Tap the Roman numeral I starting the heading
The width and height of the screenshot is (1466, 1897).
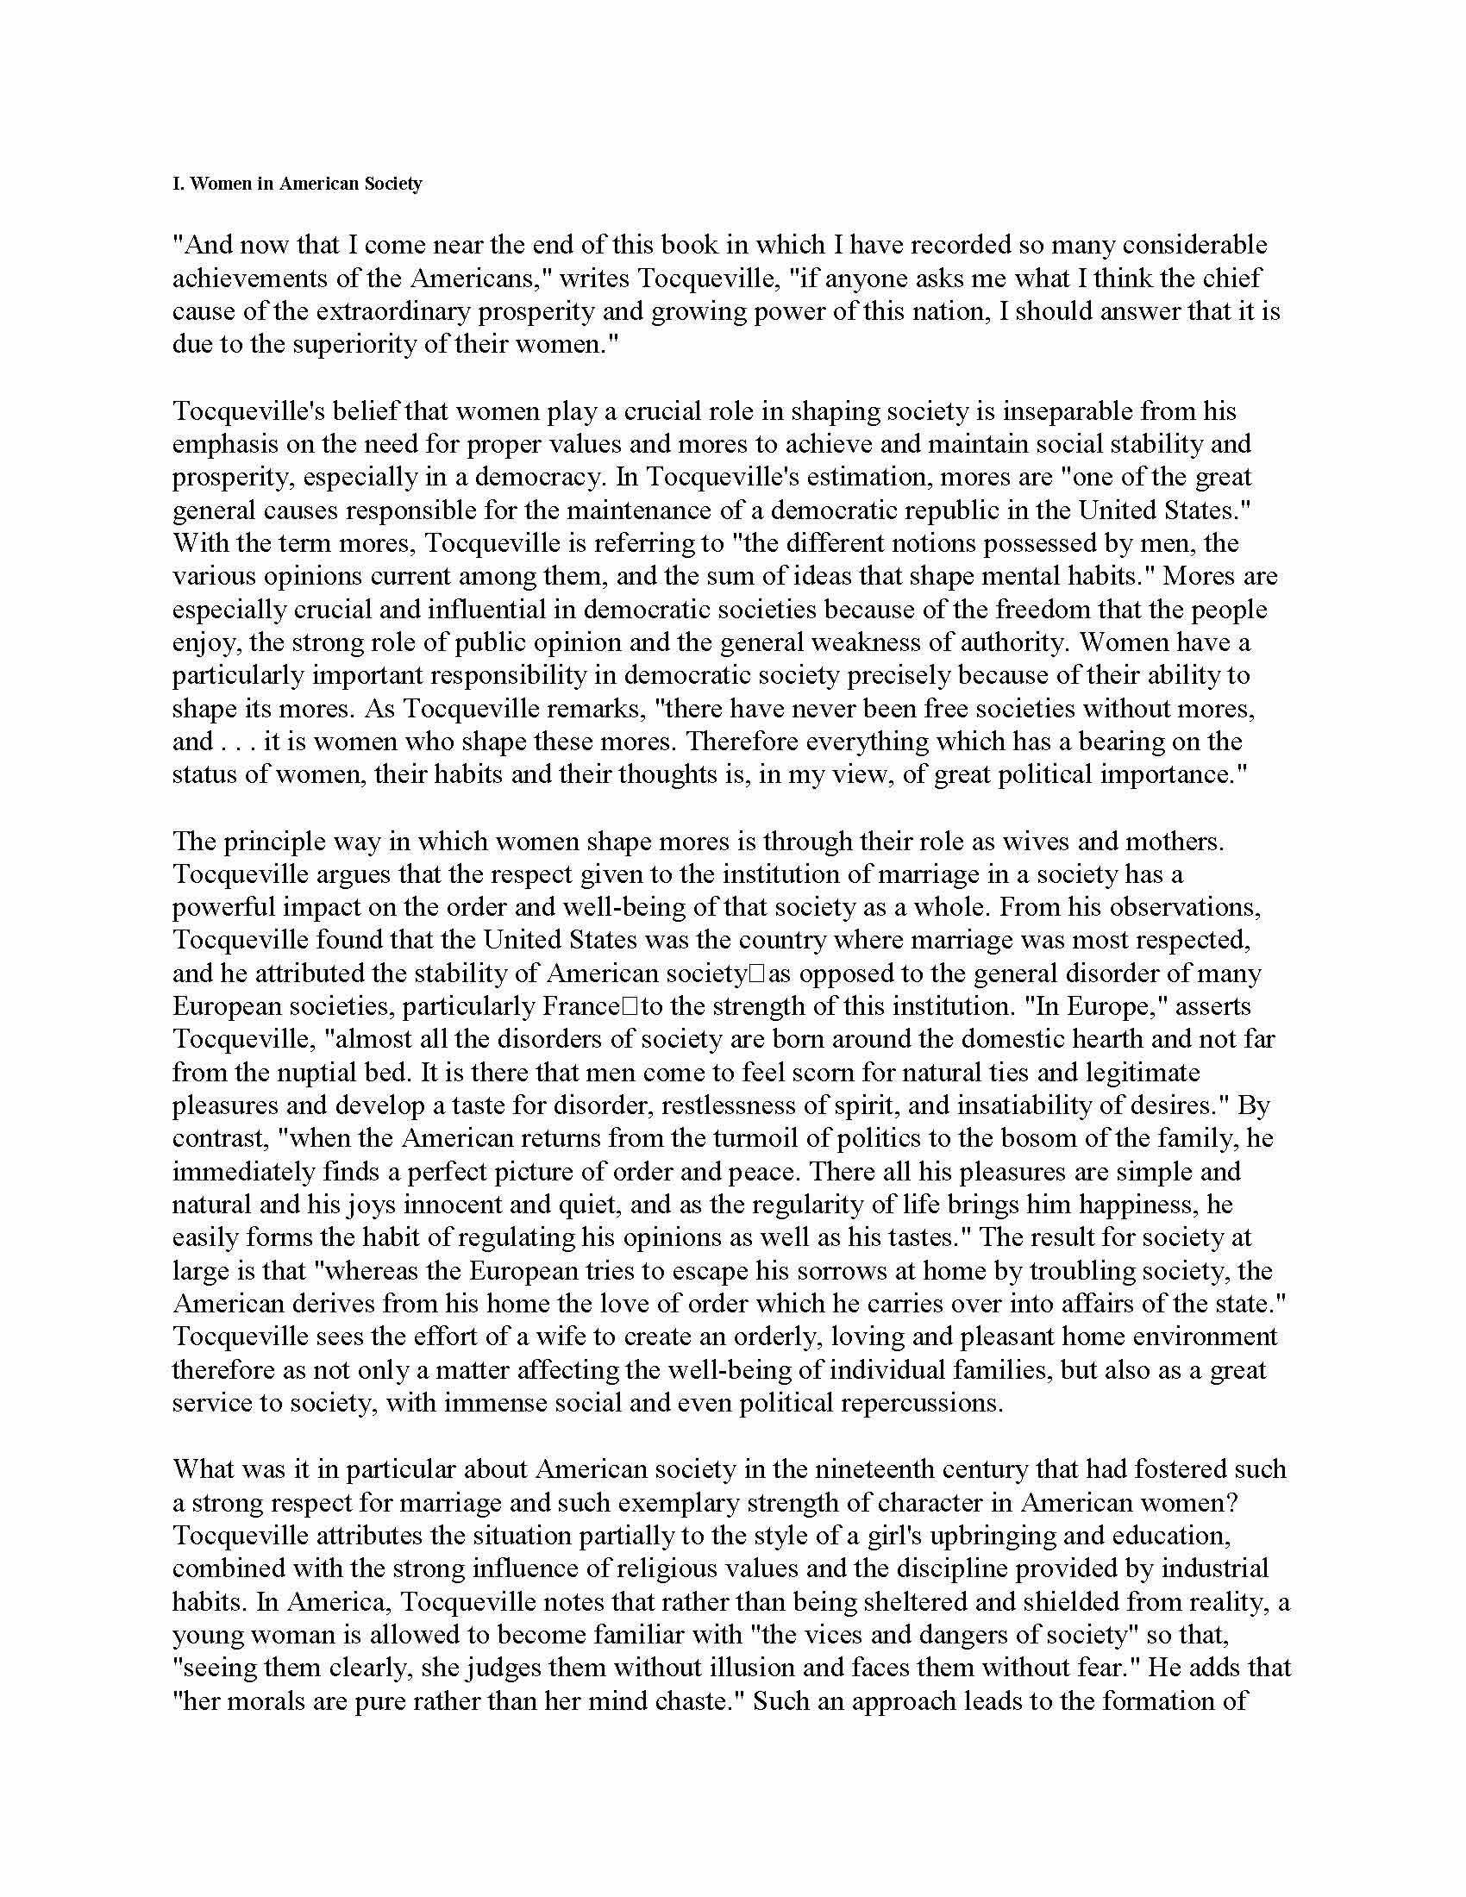click(176, 185)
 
